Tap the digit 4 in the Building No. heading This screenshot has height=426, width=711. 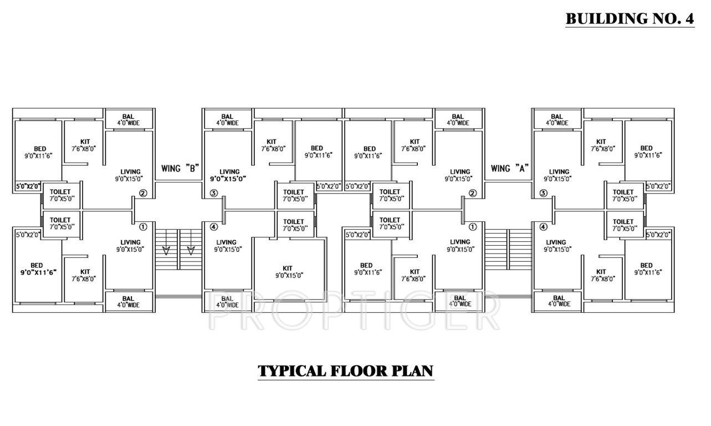pyautogui.click(x=689, y=18)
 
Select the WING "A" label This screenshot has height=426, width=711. pyautogui.click(x=510, y=168)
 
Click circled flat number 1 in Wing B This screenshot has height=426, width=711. pyautogui.click(x=142, y=226)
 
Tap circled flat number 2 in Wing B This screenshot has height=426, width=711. pyautogui.click(x=142, y=194)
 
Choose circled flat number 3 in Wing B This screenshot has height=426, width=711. pyautogui.click(x=214, y=194)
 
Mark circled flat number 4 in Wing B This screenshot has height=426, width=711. pyautogui.click(x=214, y=226)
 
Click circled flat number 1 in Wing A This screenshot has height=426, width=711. pyautogui.click(x=473, y=226)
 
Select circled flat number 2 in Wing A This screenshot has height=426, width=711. pyautogui.click(x=473, y=194)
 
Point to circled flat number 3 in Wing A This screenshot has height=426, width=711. pyautogui.click(x=544, y=194)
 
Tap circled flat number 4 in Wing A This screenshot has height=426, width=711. pyautogui.click(x=544, y=226)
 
